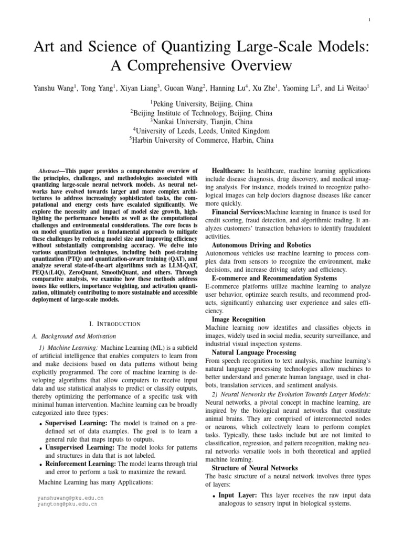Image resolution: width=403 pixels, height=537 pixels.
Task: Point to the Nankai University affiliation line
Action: click(201, 121)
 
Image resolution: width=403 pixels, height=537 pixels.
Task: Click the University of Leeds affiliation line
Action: click(201, 131)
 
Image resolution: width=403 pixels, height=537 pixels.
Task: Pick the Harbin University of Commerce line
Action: click(201, 141)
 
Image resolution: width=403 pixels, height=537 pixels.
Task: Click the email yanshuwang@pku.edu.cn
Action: click(70, 497)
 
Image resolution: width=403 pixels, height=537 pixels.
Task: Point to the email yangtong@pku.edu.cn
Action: click(67, 503)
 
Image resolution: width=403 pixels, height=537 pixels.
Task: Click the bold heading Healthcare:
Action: click(228, 171)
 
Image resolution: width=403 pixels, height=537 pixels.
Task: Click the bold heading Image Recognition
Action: click(238, 319)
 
